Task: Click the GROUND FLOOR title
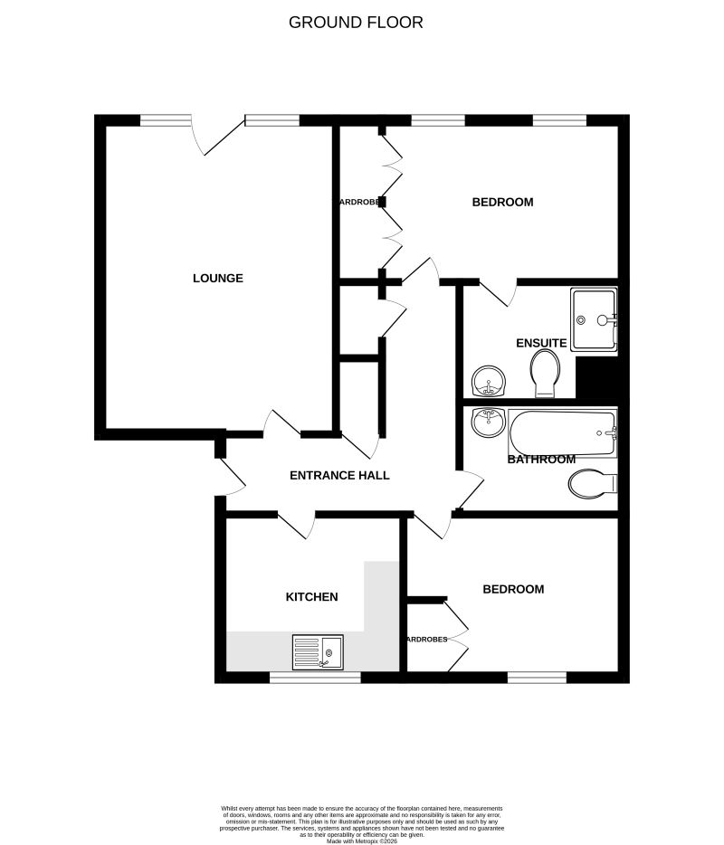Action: click(x=356, y=22)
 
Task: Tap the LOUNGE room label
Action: click(x=218, y=278)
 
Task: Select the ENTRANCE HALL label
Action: click(x=339, y=475)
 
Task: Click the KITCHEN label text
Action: click(x=311, y=596)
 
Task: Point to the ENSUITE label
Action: click(x=541, y=343)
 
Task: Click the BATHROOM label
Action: click(x=537, y=460)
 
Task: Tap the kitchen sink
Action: click(x=318, y=651)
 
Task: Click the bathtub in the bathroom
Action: click(x=561, y=434)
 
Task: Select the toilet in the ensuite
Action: click(x=545, y=373)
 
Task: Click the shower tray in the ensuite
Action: click(x=593, y=318)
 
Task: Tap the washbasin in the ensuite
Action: click(x=490, y=382)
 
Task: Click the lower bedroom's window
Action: click(x=537, y=676)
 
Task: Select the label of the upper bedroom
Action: click(x=502, y=202)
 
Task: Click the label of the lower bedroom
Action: click(x=513, y=589)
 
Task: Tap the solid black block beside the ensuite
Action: click(x=596, y=377)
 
